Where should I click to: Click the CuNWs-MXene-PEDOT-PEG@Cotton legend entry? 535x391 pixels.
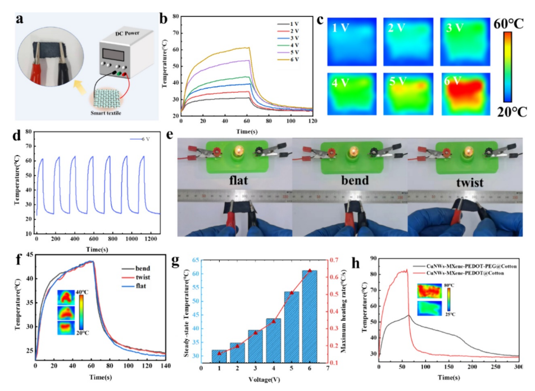463,265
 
